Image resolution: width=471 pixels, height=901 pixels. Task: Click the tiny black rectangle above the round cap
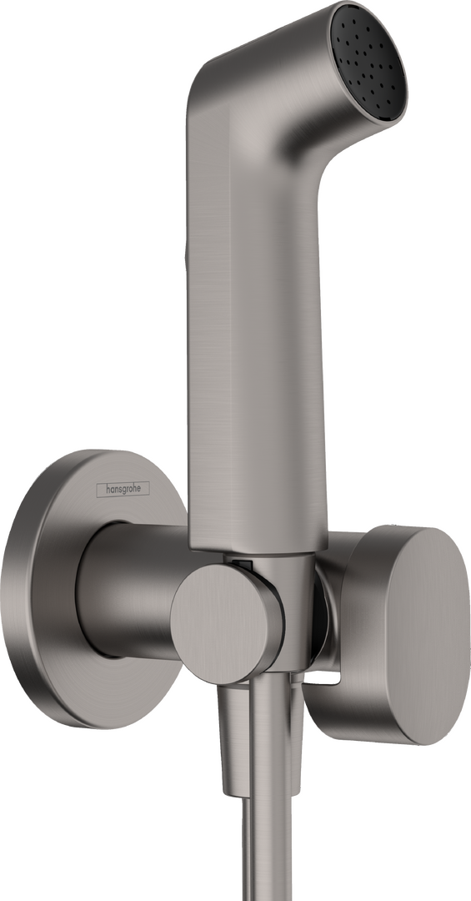coord(243,565)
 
